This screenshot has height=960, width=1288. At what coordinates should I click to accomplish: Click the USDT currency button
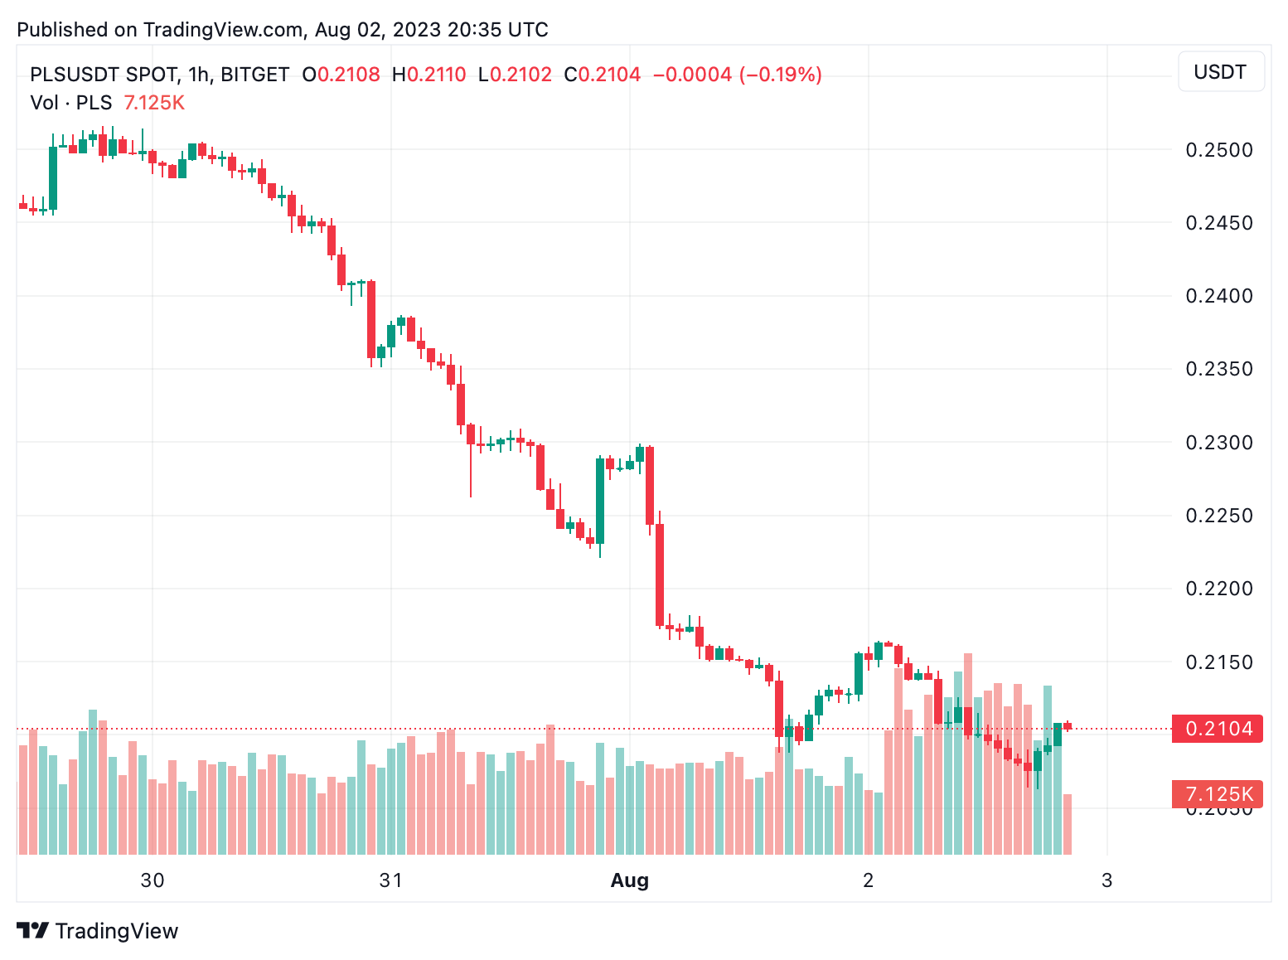1220,72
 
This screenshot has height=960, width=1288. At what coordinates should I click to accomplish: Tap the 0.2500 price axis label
1218,150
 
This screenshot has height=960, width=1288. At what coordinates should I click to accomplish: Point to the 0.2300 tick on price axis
1218,443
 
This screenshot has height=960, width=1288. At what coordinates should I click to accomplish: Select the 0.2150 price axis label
1218,662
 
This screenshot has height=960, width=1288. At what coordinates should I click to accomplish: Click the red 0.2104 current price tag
1218,729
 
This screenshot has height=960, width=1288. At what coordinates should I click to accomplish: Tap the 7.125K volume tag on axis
1218,794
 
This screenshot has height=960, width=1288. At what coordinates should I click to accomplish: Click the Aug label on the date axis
629,880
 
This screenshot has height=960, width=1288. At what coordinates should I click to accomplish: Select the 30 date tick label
153,880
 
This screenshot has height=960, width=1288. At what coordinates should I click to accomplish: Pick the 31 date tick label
390,880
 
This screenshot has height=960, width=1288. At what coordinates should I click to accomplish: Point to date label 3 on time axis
1106,880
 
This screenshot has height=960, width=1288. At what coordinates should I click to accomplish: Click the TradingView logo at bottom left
97,931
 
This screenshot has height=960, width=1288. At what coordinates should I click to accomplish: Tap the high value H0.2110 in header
429,75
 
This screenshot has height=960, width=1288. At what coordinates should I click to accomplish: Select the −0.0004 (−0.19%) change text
737,75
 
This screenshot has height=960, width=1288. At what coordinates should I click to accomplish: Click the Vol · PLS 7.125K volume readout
107,103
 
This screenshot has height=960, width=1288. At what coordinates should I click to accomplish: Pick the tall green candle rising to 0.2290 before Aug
600,501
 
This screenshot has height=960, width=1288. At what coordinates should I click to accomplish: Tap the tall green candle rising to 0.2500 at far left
53,178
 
